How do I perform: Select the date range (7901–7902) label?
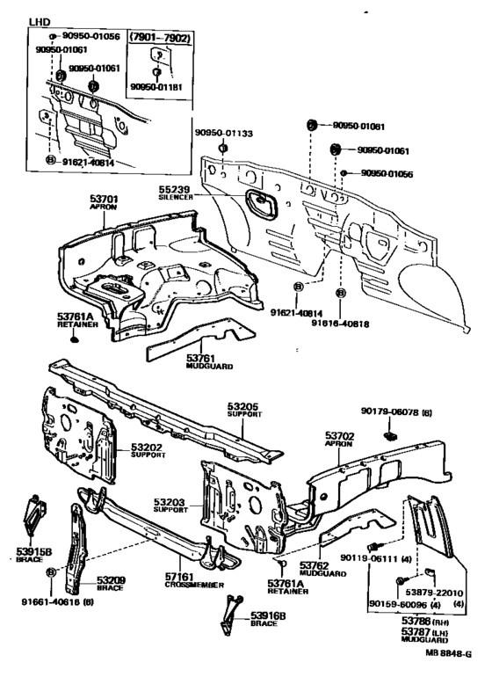[161, 39]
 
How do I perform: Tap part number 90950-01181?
[160, 88]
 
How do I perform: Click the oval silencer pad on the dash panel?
[262, 203]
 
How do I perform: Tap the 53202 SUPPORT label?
[148, 452]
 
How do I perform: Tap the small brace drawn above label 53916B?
[231, 609]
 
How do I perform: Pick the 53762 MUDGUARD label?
[316, 569]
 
